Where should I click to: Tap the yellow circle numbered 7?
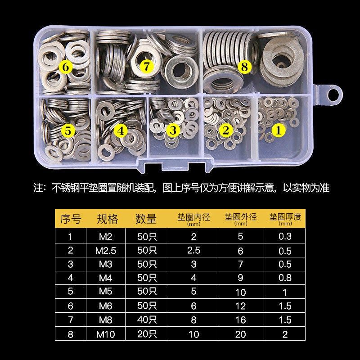point(146,66)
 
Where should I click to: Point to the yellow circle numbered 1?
point(278,130)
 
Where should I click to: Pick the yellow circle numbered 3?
point(172,130)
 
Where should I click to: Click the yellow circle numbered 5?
point(67,131)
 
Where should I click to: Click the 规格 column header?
point(108,219)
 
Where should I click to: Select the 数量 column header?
point(146,219)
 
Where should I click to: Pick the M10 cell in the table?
point(108,334)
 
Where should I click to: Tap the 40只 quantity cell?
point(146,320)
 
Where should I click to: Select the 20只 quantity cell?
point(146,334)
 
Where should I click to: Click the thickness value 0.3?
point(285,236)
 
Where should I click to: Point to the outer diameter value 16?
point(241,320)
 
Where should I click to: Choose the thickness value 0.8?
point(285,278)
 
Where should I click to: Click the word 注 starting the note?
point(39,188)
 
